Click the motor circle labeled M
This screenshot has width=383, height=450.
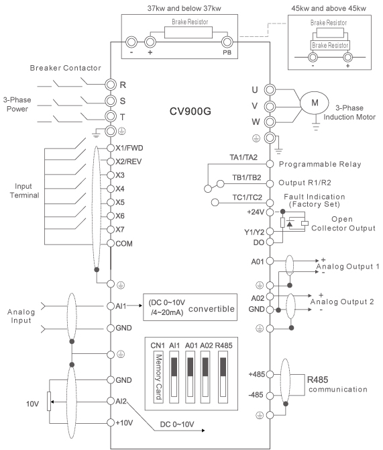pyautogui.click(x=315, y=103)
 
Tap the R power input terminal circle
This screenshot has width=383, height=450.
pyautogui.click(x=111, y=85)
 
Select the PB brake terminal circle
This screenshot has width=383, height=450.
pyautogui.click(x=227, y=42)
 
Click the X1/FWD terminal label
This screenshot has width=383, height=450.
pyautogui.click(x=129, y=148)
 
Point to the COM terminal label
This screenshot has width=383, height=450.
pyautogui.click(x=124, y=244)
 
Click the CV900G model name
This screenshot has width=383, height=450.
pyautogui.click(x=190, y=111)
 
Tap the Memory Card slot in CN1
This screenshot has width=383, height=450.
pyautogui.click(x=158, y=377)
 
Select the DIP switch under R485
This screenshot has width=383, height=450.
pyautogui.click(x=223, y=377)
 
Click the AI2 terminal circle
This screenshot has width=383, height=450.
pyautogui.click(x=111, y=401)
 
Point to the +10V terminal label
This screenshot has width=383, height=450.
pyautogui.click(x=124, y=422)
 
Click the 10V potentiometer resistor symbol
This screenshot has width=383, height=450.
pyautogui.click(x=49, y=401)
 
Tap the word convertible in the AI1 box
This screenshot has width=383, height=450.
pyautogui.click(x=211, y=309)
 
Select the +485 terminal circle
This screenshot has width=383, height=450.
pyautogui.click(x=270, y=374)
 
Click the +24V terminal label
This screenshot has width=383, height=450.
pyautogui.click(x=256, y=212)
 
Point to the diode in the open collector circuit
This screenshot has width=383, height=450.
pyautogui.click(x=290, y=224)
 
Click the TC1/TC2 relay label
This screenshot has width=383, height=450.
pyautogui.click(x=247, y=197)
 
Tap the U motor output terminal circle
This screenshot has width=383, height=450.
pyautogui.click(x=270, y=90)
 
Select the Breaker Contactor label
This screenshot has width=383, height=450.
pyautogui.click(x=65, y=68)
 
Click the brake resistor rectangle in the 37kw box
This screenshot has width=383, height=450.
pyautogui.click(x=188, y=32)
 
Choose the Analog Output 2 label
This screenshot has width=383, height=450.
pyautogui.click(x=342, y=302)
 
